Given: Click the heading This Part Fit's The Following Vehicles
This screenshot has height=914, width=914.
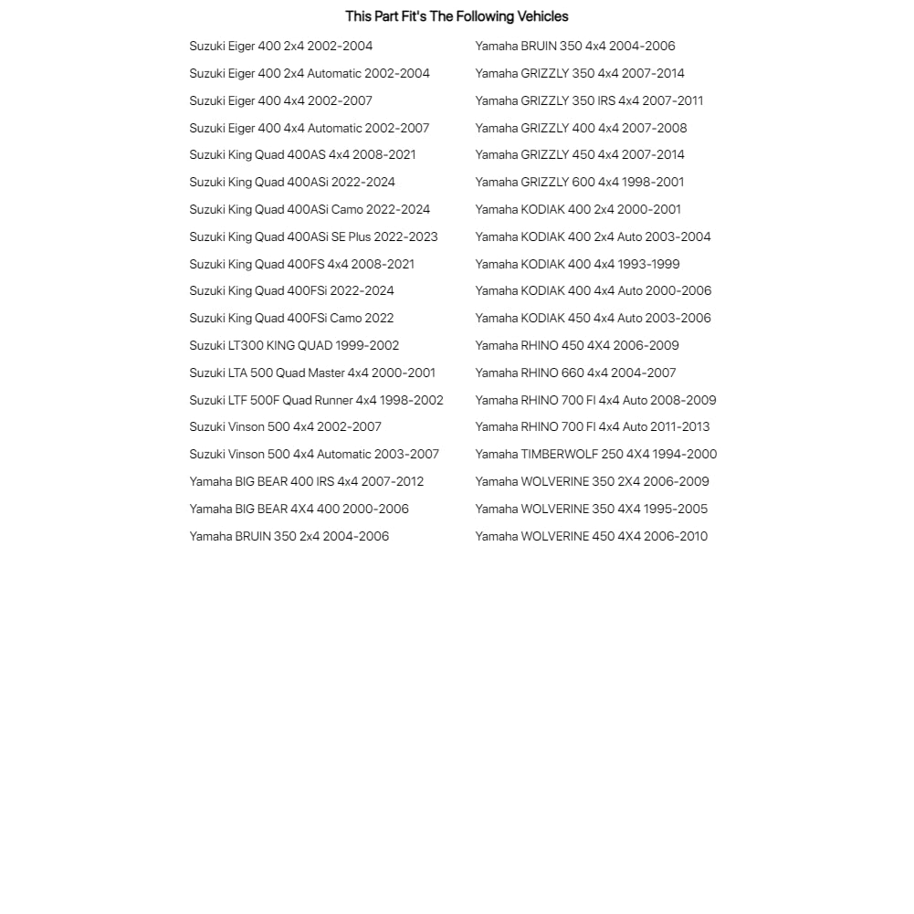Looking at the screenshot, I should [457, 16].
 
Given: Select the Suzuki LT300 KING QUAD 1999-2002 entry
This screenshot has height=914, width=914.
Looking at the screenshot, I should [294, 345].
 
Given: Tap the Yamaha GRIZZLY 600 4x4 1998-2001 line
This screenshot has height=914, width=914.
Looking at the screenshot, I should [579, 182].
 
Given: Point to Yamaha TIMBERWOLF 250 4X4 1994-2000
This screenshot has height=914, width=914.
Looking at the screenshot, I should [595, 454].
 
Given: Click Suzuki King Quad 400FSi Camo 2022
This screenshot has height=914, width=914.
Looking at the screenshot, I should [291, 318].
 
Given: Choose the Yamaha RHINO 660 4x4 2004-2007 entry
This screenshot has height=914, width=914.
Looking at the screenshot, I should [575, 373].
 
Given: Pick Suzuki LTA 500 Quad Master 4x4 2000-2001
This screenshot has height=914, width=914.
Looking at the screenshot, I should [312, 373].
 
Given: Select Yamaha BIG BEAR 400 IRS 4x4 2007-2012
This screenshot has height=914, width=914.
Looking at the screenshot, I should [306, 481].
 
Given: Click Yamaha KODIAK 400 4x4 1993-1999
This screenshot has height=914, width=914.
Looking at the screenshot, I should [577, 264].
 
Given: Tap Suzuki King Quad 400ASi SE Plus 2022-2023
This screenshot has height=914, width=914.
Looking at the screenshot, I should [313, 236].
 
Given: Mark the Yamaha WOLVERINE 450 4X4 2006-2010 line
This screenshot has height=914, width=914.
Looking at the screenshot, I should [591, 536].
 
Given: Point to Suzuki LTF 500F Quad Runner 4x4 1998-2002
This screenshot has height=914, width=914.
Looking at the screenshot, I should [316, 400].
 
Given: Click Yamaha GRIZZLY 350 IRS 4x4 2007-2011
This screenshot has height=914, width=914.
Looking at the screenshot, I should [589, 100].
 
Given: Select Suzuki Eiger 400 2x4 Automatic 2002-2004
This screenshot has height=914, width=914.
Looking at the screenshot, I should [310, 73].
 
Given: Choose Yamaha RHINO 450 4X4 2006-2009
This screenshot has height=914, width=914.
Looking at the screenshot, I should [577, 345].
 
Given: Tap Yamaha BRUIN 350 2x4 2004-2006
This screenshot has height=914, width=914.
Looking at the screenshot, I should [289, 536].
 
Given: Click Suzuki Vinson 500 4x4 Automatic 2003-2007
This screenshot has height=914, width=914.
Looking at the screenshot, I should [314, 454].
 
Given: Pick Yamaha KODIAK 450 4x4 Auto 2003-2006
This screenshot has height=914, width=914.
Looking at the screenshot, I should [593, 318].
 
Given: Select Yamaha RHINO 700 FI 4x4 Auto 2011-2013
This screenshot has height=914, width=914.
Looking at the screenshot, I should [592, 426].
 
